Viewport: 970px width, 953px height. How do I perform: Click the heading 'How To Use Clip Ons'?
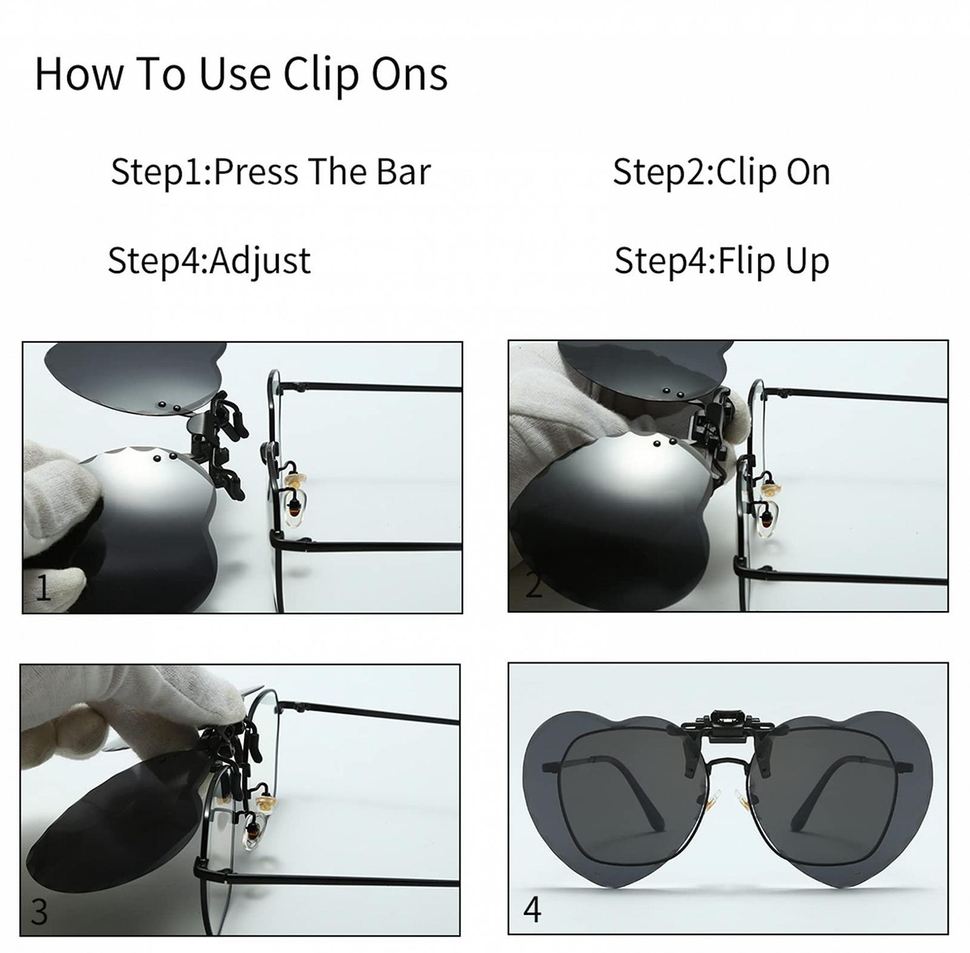click(241, 75)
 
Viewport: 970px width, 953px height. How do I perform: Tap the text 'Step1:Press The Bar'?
click(270, 172)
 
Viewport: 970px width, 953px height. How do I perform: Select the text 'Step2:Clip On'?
click(721, 172)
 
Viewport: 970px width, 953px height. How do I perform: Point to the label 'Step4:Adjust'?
click(209, 261)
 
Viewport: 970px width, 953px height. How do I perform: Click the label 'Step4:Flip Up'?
click(721, 261)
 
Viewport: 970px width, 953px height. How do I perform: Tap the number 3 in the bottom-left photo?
click(39, 911)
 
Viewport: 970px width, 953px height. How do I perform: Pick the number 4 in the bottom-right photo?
click(532, 909)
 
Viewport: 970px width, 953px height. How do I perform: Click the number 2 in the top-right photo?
click(533, 586)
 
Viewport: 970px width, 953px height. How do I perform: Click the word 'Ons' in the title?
click(410, 75)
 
